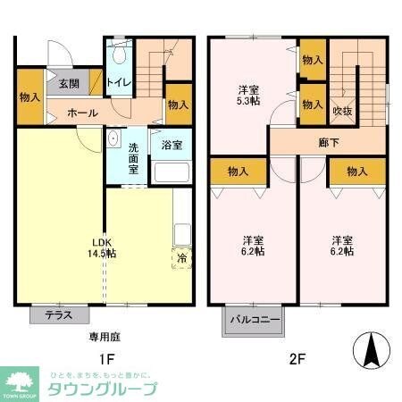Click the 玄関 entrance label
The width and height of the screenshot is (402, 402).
pos(69,84)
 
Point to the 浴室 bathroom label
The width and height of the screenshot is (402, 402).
pos(170,143)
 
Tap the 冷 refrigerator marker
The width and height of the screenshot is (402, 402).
pos(180,258)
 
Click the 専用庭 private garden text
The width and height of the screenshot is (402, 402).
pos(105,337)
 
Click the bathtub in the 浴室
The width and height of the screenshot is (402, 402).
pos(170,172)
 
